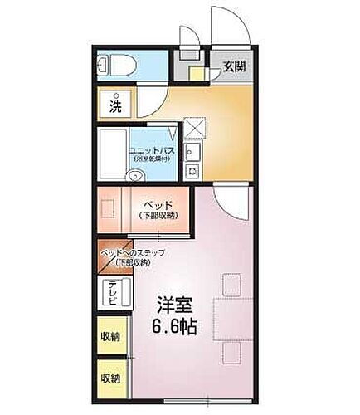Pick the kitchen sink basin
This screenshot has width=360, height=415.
coord(191,153)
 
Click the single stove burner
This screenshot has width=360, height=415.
coord(191,171)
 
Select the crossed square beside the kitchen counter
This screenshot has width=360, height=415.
coord(192,129)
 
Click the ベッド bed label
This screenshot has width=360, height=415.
coord(158,204)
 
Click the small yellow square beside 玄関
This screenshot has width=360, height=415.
coord(196,72)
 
